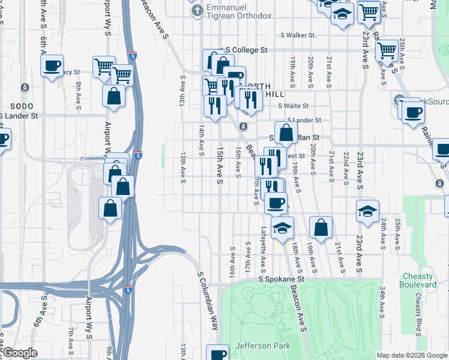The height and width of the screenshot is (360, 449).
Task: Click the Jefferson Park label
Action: (x=263, y=346)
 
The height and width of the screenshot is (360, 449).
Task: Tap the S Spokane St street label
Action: (x=282, y=279)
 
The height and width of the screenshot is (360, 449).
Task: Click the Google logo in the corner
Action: (x=19, y=353)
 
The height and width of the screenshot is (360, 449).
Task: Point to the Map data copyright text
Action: (x=411, y=355)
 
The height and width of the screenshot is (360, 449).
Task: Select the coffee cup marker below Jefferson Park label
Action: (x=218, y=353)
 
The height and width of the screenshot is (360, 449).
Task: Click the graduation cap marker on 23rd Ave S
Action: (x=367, y=211)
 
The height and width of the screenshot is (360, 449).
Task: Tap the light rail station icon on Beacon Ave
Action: (x=244, y=126)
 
